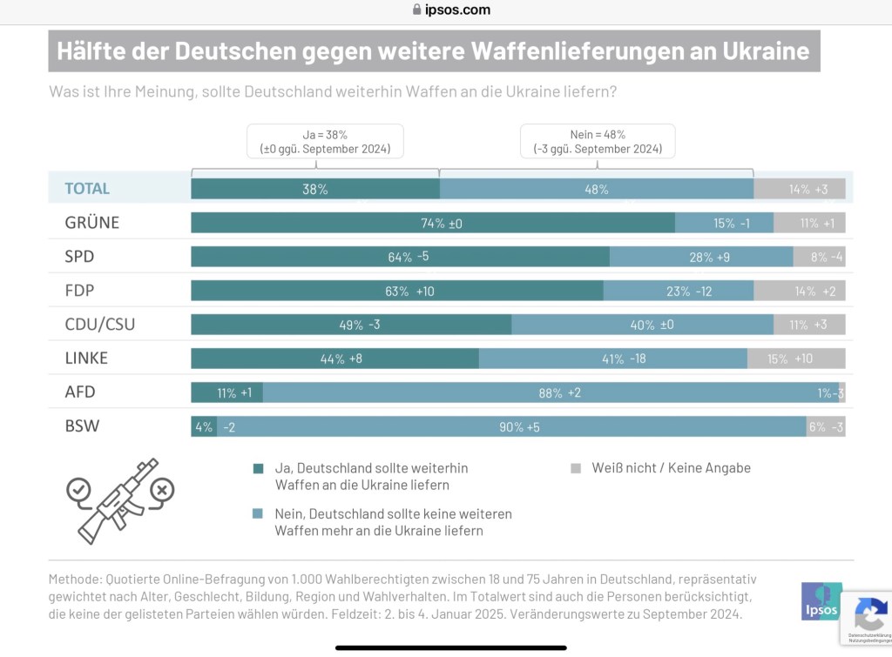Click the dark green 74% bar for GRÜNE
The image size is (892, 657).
tap(433, 223)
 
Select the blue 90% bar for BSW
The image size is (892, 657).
tap(511, 426)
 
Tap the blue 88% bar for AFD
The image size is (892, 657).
tap(551, 392)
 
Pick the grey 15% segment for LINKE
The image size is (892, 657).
tap(796, 359)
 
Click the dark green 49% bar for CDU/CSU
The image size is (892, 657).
tap(351, 325)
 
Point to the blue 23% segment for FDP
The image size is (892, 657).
tap(678, 291)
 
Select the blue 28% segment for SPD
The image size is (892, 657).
tap(701, 257)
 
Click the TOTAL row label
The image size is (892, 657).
tap(87, 189)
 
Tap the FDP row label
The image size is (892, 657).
tap(79, 291)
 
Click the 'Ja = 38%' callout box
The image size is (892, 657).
tap(325, 141)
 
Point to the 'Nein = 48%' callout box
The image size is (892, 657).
tap(598, 141)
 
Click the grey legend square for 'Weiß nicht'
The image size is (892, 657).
tap(576, 468)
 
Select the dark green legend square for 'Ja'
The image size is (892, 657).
tap(258, 468)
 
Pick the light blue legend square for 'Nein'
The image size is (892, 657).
tap(258, 514)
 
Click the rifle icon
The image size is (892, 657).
tap(118, 499)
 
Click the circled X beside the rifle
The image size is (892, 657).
tap(161, 491)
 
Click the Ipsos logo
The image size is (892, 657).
tap(821, 600)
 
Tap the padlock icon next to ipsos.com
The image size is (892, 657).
tap(417, 10)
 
